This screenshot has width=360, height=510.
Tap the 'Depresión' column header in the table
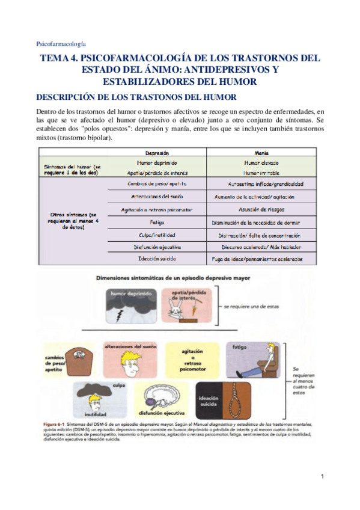(156, 153)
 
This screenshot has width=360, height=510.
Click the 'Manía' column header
(261, 153)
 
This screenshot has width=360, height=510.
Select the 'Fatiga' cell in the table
(157, 221)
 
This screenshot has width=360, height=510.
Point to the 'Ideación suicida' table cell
(157, 260)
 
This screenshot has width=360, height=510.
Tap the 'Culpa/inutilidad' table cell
(157, 235)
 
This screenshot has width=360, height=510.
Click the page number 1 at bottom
(322, 478)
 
